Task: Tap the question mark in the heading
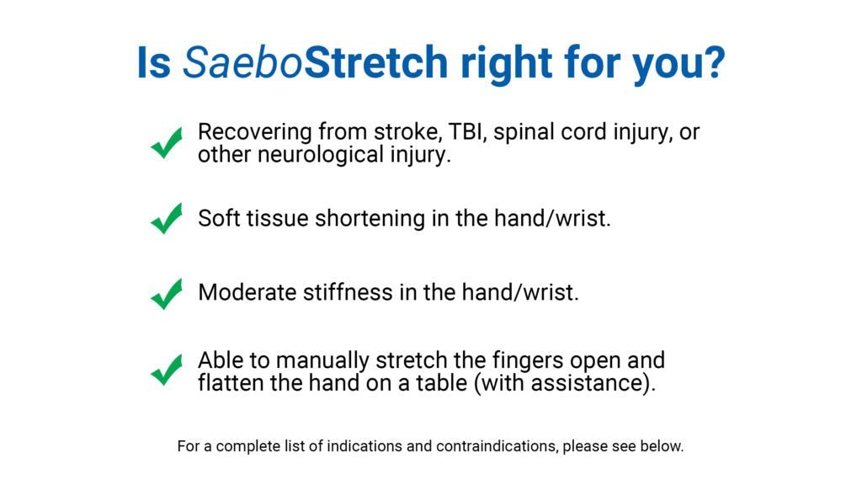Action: [714, 63]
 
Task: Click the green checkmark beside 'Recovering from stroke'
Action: [167, 143]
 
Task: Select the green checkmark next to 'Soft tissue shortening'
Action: [167, 218]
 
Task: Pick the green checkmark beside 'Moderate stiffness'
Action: [167, 293]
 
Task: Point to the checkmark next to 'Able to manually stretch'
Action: [167, 370]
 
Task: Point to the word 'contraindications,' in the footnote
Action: [497, 446]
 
